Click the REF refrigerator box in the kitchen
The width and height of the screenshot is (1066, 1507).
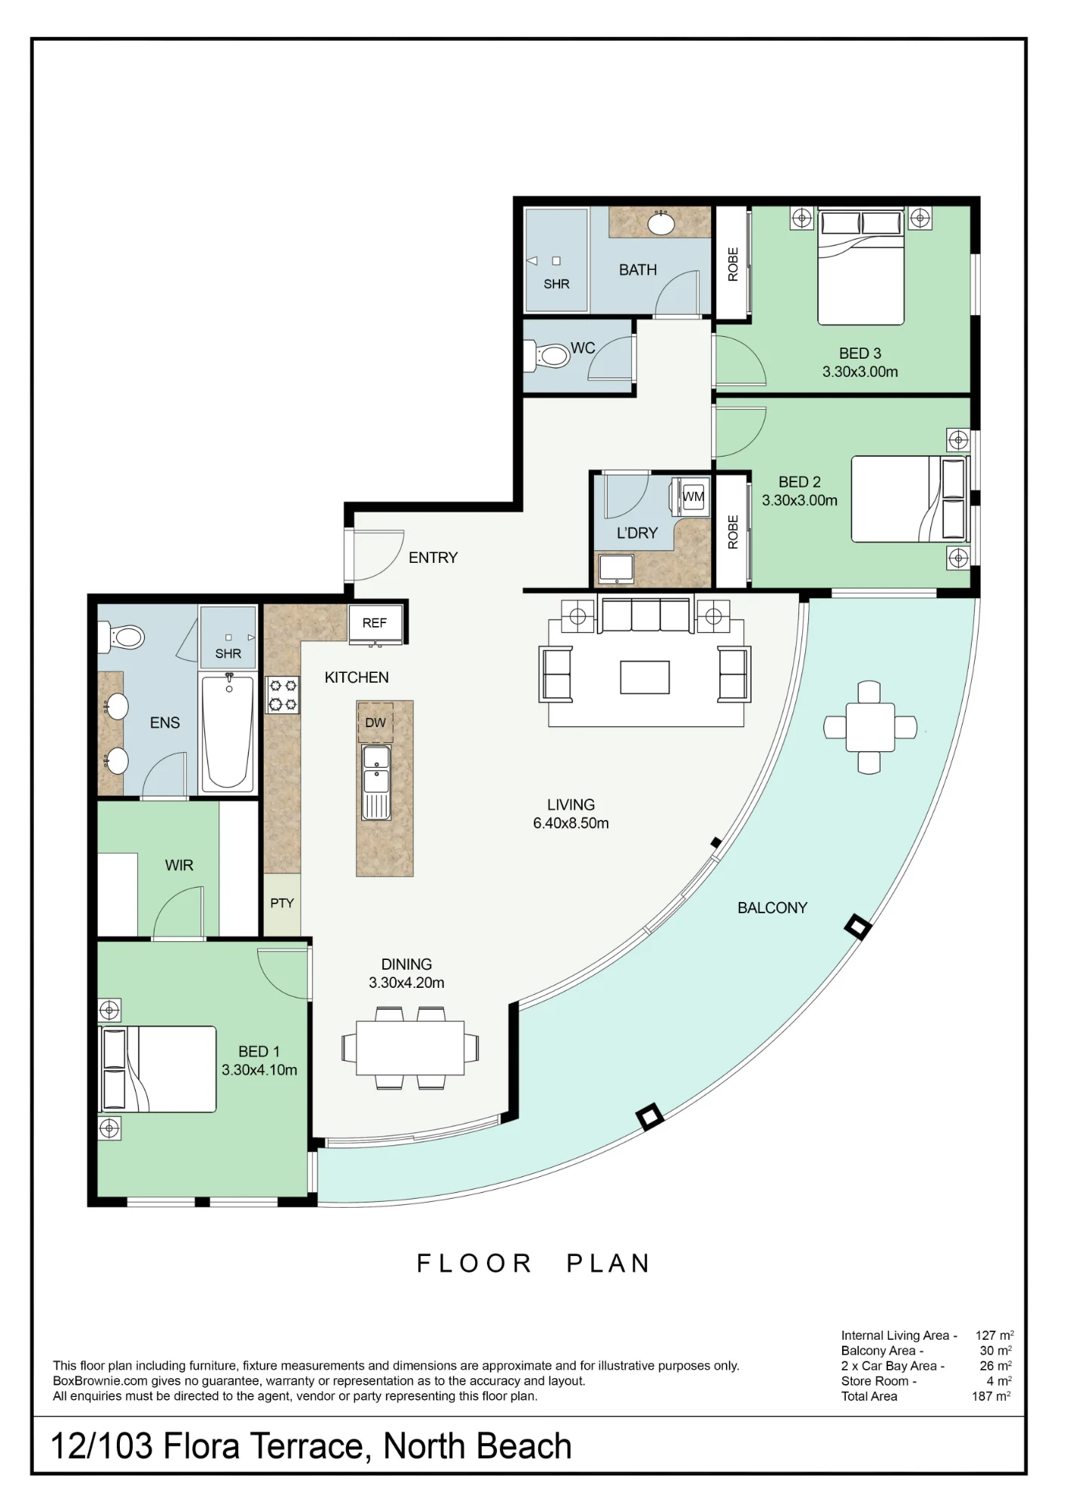click(375, 623)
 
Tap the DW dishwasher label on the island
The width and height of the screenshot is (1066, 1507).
click(375, 723)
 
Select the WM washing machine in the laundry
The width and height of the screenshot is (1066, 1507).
click(693, 497)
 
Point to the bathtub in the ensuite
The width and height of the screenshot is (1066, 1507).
click(228, 732)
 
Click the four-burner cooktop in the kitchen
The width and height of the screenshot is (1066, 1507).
click(283, 695)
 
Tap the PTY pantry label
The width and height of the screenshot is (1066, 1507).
click(282, 903)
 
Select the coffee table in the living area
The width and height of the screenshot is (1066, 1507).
click(645, 677)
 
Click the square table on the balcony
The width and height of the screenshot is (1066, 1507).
click(870, 727)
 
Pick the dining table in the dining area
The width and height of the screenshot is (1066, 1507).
click(410, 1047)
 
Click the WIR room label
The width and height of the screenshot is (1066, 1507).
click(179, 865)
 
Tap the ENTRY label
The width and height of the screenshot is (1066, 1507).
click(433, 558)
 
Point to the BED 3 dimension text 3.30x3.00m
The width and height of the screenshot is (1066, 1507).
click(860, 371)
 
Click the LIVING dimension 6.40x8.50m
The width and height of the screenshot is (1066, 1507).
click(571, 823)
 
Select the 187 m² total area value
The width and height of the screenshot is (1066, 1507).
click(991, 1396)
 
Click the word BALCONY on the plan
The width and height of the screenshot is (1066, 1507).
click(773, 908)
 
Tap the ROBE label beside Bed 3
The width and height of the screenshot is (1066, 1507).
click(733, 264)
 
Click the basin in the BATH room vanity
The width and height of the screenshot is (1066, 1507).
click(661, 223)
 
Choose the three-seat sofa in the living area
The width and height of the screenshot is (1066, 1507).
click(645, 615)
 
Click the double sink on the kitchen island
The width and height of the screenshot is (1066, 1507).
click(376, 781)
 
